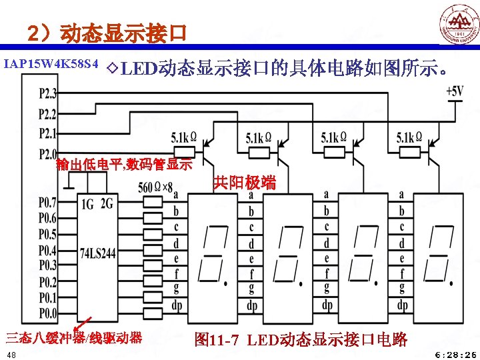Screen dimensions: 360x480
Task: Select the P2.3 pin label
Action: (x=48, y=92)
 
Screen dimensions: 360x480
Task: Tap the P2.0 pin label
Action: (x=48, y=153)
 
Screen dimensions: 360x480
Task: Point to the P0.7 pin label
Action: (x=47, y=201)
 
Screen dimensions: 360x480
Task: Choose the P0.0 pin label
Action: (x=47, y=313)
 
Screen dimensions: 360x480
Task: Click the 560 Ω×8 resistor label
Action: (x=156, y=187)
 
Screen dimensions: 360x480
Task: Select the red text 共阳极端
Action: (x=245, y=183)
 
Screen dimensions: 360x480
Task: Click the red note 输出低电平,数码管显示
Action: (x=125, y=164)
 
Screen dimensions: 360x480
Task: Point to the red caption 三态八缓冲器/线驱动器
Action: (x=74, y=337)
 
